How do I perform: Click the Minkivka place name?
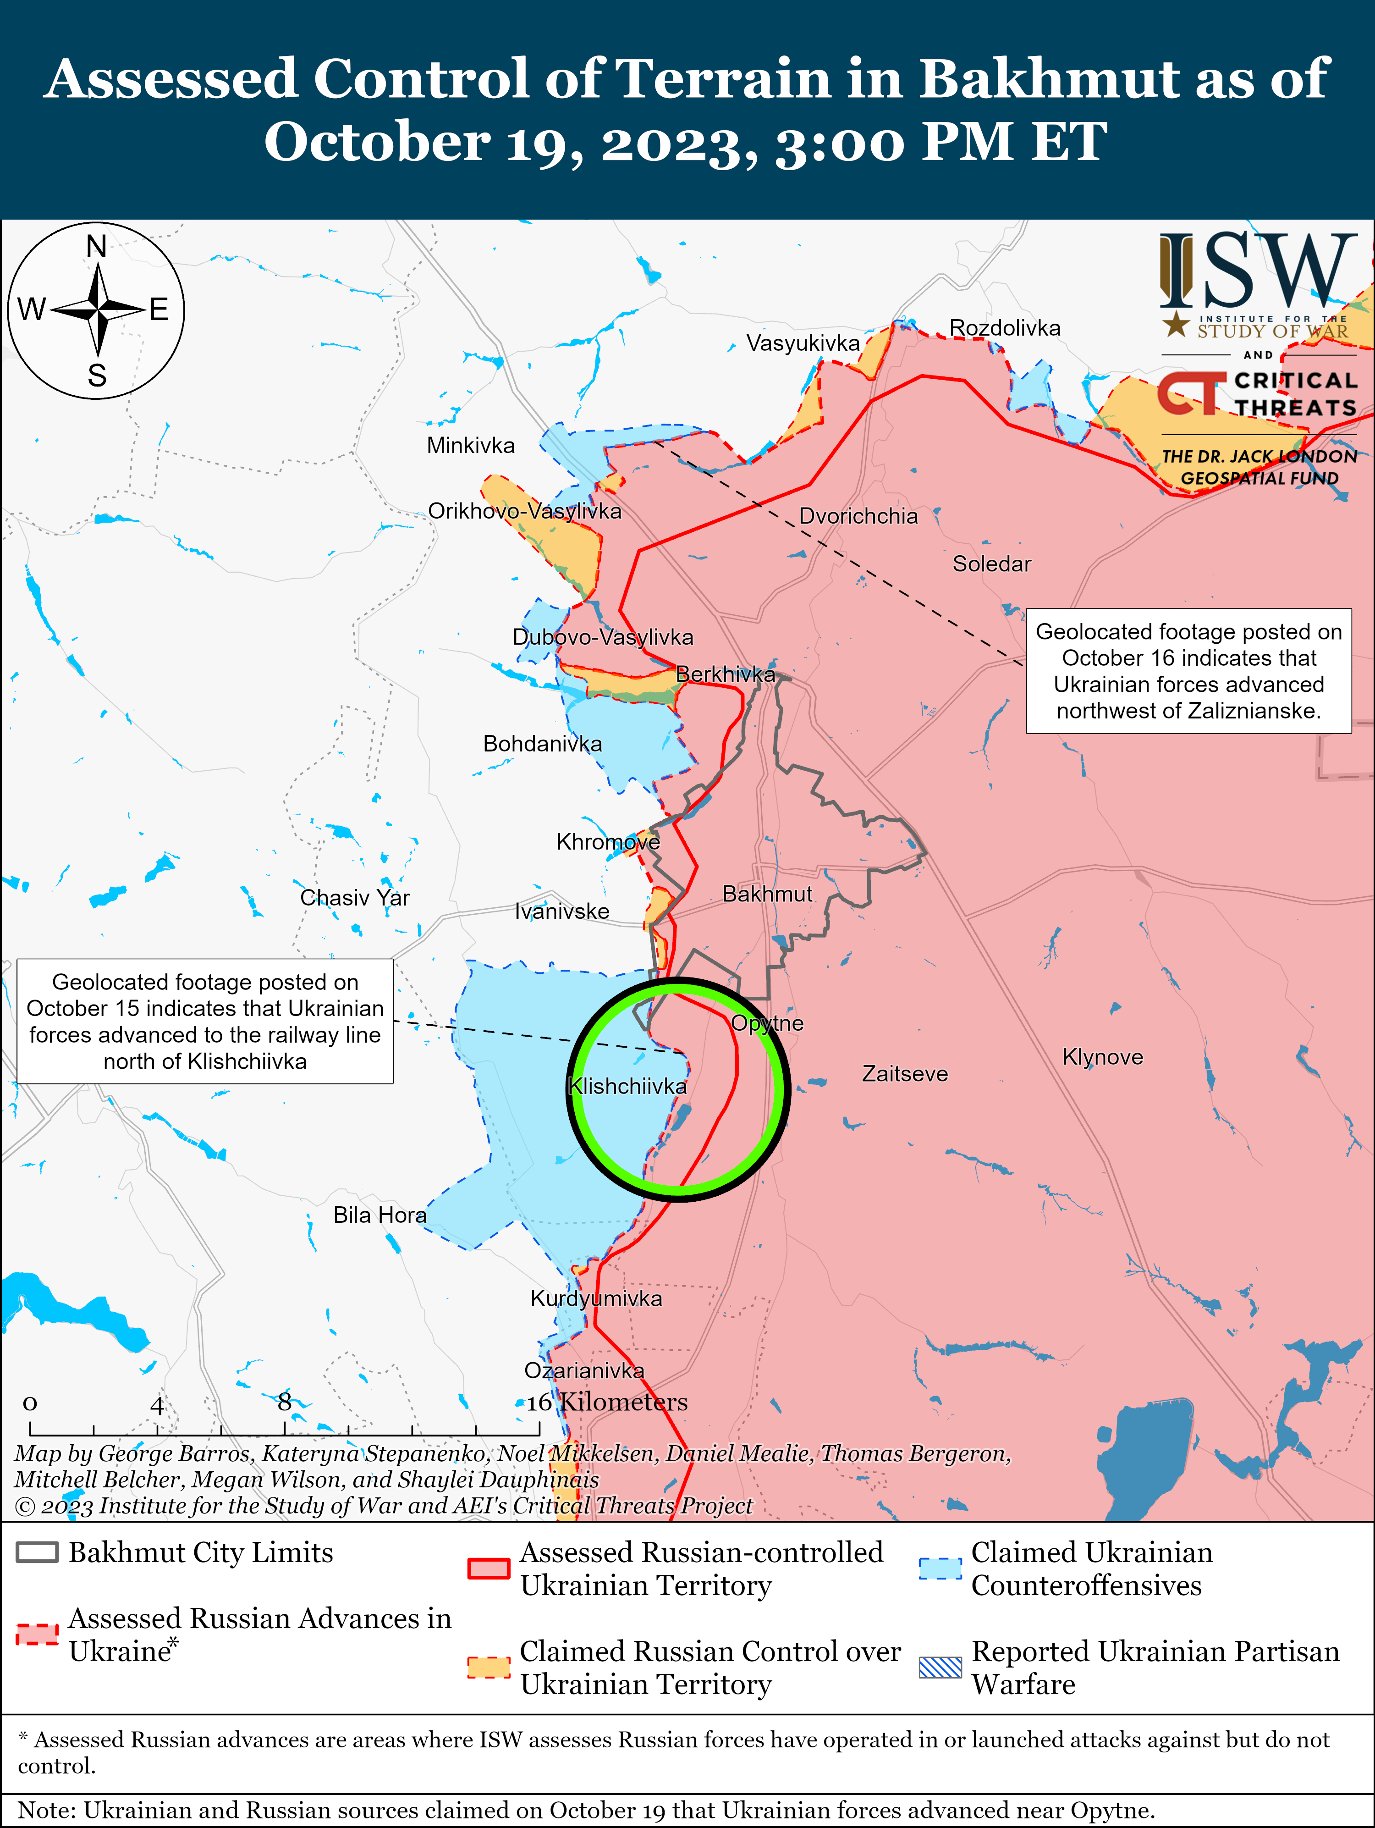(x=470, y=446)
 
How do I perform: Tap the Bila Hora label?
(x=379, y=1215)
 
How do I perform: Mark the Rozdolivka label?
(x=1004, y=328)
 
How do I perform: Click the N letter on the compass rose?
(x=97, y=246)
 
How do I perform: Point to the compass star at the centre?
(x=98, y=310)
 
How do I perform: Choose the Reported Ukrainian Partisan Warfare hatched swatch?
(x=940, y=1668)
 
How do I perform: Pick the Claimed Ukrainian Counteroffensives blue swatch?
(x=940, y=1568)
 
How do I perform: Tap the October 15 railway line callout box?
(x=205, y=1022)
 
